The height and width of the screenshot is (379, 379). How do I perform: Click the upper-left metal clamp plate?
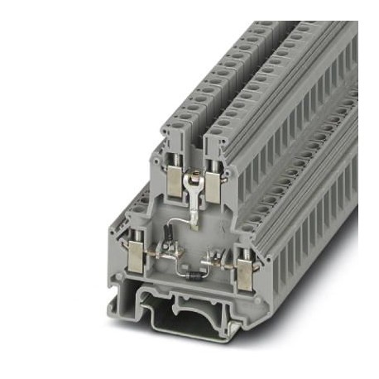coord(176,184)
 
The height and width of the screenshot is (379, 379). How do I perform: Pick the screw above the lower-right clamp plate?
coord(243,246)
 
